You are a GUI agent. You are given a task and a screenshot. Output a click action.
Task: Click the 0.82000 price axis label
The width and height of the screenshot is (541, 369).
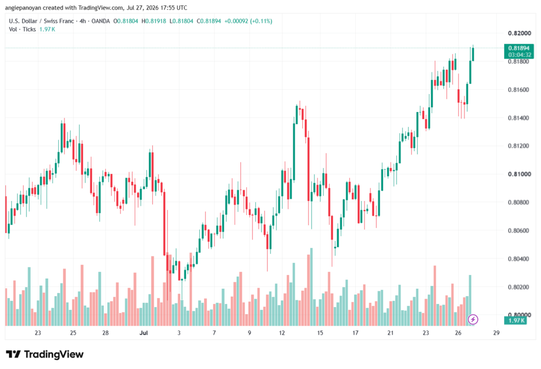(519, 33)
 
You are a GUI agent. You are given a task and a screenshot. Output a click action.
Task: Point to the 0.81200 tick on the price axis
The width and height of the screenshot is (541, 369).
(519, 146)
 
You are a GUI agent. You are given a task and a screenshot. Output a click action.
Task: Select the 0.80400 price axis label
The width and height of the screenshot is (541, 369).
(519, 259)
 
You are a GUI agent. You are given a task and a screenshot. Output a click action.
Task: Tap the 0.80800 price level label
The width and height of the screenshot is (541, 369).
(519, 202)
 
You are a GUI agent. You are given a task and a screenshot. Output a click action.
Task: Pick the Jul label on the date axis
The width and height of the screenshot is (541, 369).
(144, 333)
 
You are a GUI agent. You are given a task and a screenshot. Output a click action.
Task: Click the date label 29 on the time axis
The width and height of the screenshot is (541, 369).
(496, 333)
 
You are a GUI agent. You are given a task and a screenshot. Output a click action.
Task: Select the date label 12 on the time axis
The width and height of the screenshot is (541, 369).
(282, 333)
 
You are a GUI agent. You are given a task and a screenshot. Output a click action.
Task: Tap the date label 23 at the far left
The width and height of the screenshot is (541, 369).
(38, 333)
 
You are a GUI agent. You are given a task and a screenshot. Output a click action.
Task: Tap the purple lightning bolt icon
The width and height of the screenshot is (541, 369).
(473, 319)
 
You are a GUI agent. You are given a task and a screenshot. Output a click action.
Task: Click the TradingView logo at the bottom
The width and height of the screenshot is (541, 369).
(44, 354)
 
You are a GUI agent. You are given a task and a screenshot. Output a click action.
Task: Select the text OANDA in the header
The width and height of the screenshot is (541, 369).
(100, 21)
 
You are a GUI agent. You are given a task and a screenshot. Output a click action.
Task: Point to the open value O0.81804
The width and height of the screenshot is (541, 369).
(126, 21)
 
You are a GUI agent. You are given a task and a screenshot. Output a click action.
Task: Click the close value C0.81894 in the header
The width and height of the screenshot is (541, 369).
(209, 21)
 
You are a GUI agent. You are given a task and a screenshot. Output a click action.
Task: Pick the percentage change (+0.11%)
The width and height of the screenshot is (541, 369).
(261, 21)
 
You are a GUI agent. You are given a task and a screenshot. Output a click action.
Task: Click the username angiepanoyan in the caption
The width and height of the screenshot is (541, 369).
(23, 7)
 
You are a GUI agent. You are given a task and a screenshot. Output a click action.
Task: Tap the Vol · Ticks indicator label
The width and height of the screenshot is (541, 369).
(22, 30)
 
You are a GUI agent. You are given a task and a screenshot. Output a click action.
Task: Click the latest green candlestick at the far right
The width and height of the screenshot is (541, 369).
(473, 54)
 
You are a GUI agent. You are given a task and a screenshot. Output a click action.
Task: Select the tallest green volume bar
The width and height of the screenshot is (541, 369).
(311, 287)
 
